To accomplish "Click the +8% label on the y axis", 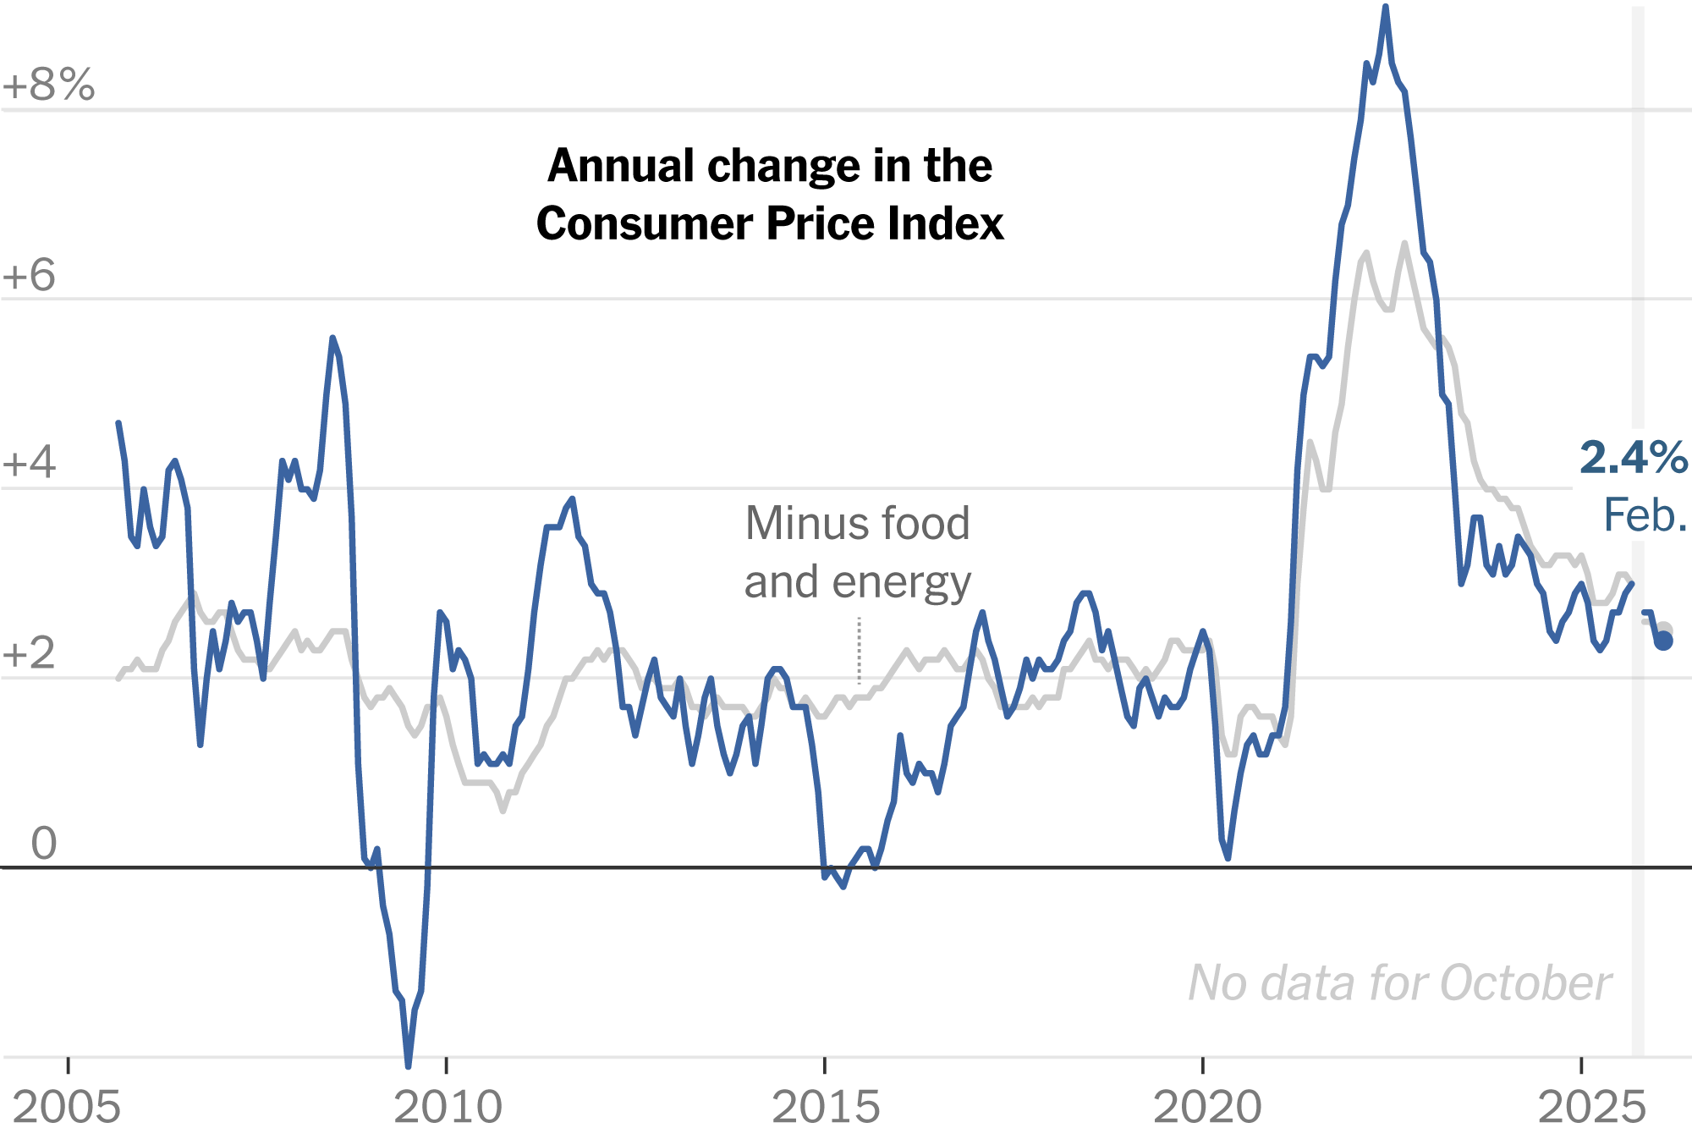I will tap(48, 85).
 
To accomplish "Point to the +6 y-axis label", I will tap(29, 275).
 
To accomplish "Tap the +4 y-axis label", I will tap(29, 464).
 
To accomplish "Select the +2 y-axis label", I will tap(29, 653).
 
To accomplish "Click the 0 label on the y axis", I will tap(44, 843).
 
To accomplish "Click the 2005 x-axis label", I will tap(67, 1106).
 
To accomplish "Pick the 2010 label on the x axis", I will tap(448, 1106).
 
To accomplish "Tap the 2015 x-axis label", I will tap(826, 1106).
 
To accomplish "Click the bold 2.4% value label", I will tap(1633, 458).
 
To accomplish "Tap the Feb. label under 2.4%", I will tap(1645, 515).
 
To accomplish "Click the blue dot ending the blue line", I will tap(1663, 641).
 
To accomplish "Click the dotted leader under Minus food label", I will tap(859, 650).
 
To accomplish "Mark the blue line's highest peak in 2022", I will tap(1385, 8).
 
